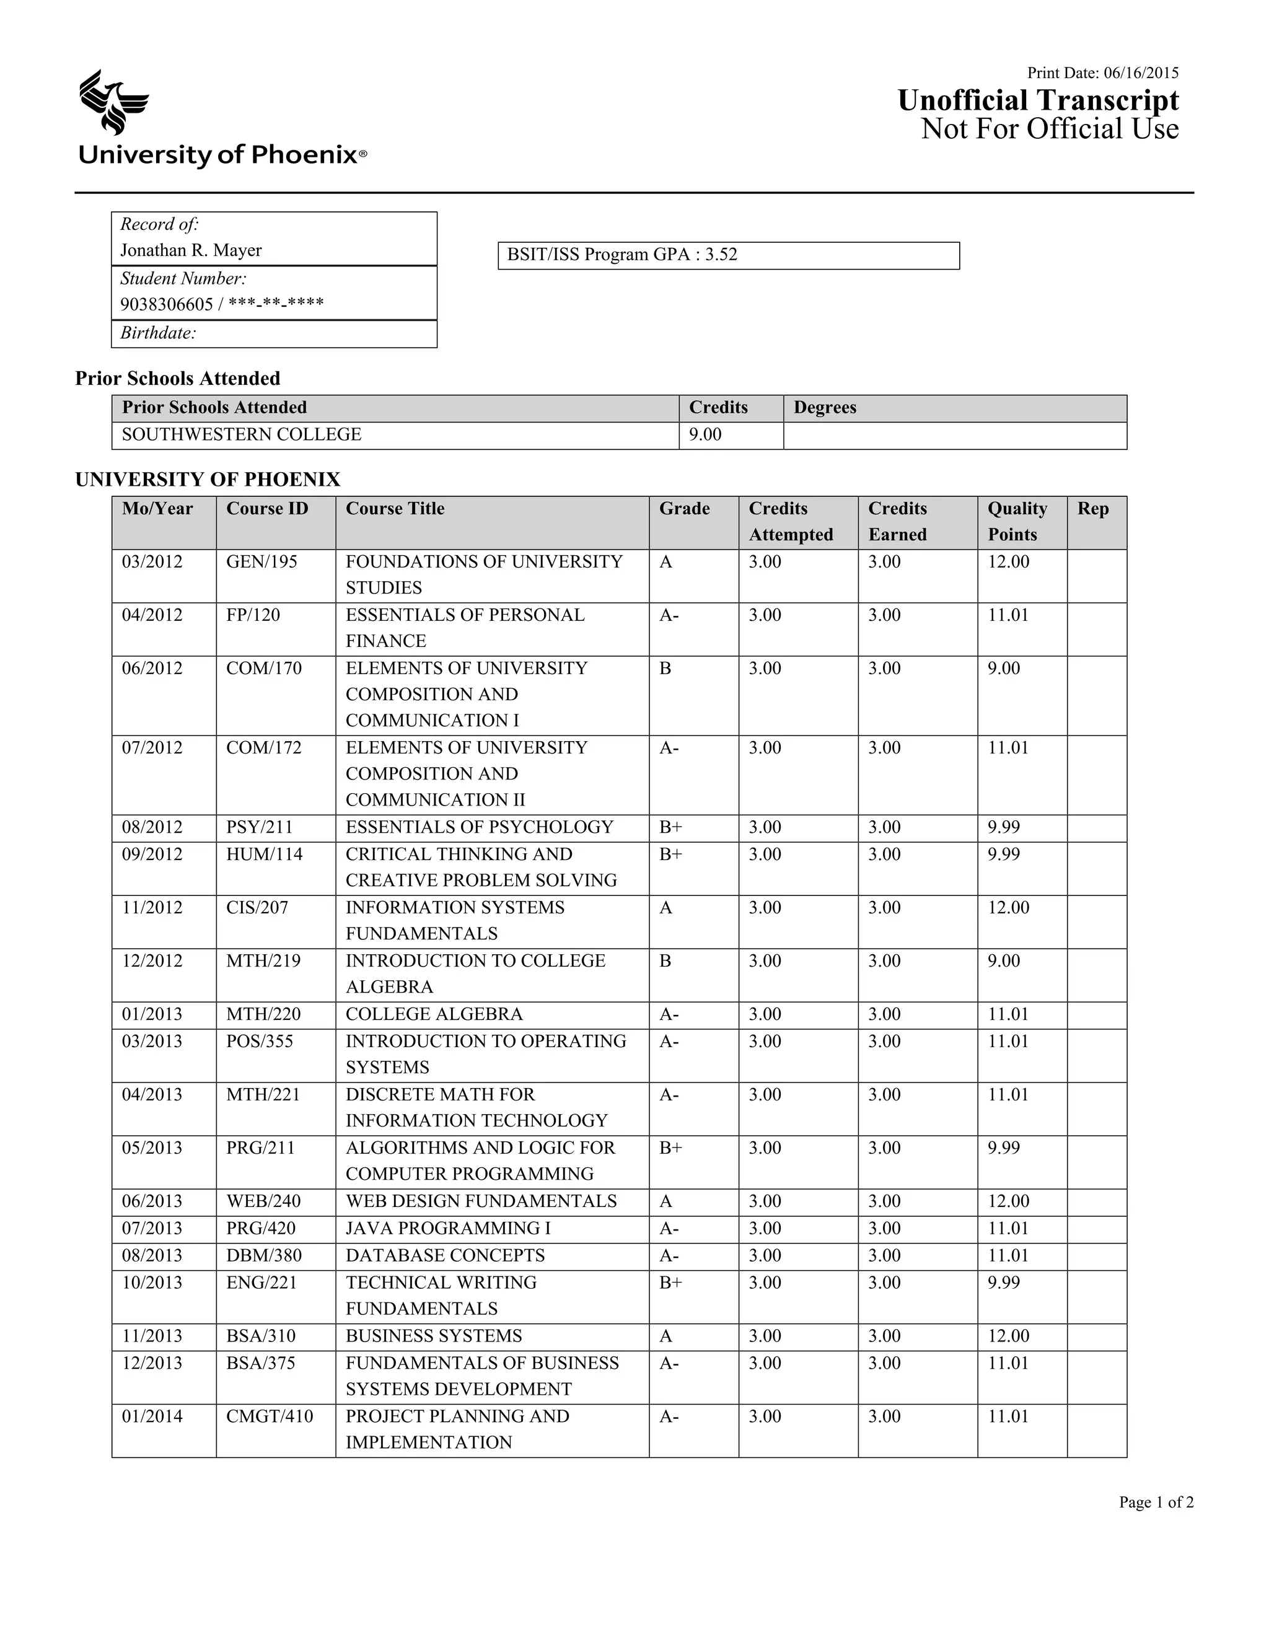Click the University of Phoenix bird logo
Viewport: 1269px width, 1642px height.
pyautogui.click(x=113, y=102)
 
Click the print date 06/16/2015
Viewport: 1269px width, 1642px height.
pyautogui.click(x=1141, y=73)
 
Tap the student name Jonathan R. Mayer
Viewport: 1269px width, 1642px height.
pyautogui.click(x=191, y=250)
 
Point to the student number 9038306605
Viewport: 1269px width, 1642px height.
pyautogui.click(x=167, y=304)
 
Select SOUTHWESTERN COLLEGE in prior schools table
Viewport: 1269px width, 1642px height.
pyautogui.click(x=241, y=434)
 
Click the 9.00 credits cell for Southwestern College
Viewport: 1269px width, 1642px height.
pyautogui.click(x=705, y=434)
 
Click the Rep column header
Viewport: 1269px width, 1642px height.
pyautogui.click(x=1092, y=509)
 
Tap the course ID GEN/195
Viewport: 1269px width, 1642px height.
pyautogui.click(x=261, y=561)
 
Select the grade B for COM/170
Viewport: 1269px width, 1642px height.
pyautogui.click(x=665, y=669)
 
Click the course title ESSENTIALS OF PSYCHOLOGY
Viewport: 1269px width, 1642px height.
pyautogui.click(x=479, y=827)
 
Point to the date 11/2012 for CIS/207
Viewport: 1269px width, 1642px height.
pyautogui.click(x=152, y=908)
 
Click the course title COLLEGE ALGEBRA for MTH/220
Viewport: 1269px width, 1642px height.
pyautogui.click(x=434, y=1014)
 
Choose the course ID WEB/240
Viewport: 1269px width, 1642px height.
pyautogui.click(x=264, y=1201)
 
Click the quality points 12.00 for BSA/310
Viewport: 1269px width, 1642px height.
pyautogui.click(x=1008, y=1336)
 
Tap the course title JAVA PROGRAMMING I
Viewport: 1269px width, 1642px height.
pyautogui.click(x=448, y=1229)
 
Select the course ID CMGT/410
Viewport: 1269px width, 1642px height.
pyautogui.click(x=269, y=1416)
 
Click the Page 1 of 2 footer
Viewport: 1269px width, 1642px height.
pyautogui.click(x=1156, y=1502)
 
